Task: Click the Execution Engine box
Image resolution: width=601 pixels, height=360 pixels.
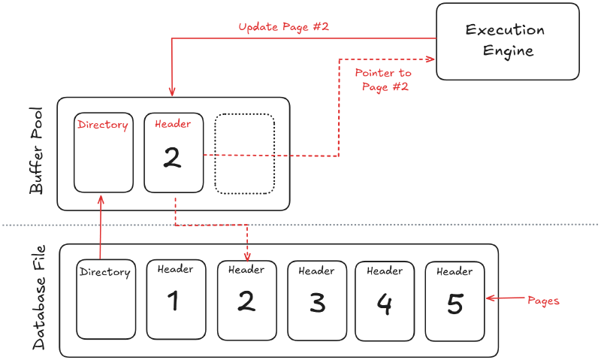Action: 508,41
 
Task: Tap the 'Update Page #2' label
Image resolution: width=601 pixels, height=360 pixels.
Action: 284,27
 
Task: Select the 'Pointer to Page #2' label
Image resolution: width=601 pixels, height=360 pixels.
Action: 382,79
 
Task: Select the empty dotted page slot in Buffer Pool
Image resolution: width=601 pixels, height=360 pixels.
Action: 245,153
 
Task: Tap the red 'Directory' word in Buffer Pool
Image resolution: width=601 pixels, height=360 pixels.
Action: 103,125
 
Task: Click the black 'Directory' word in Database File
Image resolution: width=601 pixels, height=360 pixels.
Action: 105,272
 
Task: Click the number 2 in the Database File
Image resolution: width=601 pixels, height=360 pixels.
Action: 246,301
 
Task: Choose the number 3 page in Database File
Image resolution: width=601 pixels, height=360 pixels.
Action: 317,303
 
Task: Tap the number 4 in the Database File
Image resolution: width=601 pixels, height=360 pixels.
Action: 384,303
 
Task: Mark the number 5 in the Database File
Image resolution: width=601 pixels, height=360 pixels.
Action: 455,303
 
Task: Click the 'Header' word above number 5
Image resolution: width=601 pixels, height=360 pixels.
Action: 455,271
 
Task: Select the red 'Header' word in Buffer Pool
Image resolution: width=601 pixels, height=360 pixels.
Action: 173,124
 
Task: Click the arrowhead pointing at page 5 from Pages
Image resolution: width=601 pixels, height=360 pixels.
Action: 490,299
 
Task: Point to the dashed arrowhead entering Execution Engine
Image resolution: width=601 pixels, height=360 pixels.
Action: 432,59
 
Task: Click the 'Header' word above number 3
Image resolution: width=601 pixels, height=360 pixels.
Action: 316,271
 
